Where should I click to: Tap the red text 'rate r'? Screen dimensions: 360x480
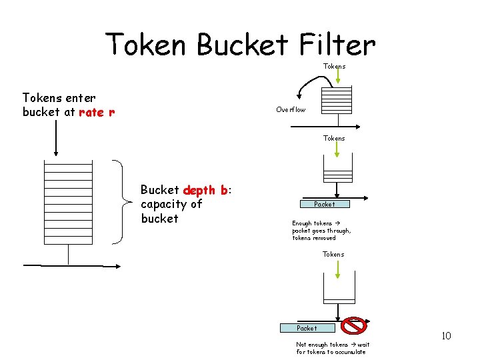click(x=97, y=112)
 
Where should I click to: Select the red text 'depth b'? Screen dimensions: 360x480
click(x=205, y=190)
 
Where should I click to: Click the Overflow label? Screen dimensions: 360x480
click(x=291, y=109)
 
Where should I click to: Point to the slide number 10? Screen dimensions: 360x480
click(x=446, y=335)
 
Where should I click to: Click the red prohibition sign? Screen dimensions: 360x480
click(x=353, y=326)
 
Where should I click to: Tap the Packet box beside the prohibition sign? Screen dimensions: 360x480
click(x=307, y=328)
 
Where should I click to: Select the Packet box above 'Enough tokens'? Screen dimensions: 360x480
click(x=324, y=204)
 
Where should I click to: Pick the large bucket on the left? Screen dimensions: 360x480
click(x=68, y=203)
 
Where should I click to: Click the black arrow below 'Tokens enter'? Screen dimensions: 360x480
click(x=55, y=137)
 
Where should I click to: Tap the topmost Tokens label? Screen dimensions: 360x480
click(x=334, y=66)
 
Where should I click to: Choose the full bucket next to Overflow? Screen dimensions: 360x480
click(x=336, y=100)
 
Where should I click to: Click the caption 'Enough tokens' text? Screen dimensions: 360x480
click(x=312, y=223)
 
